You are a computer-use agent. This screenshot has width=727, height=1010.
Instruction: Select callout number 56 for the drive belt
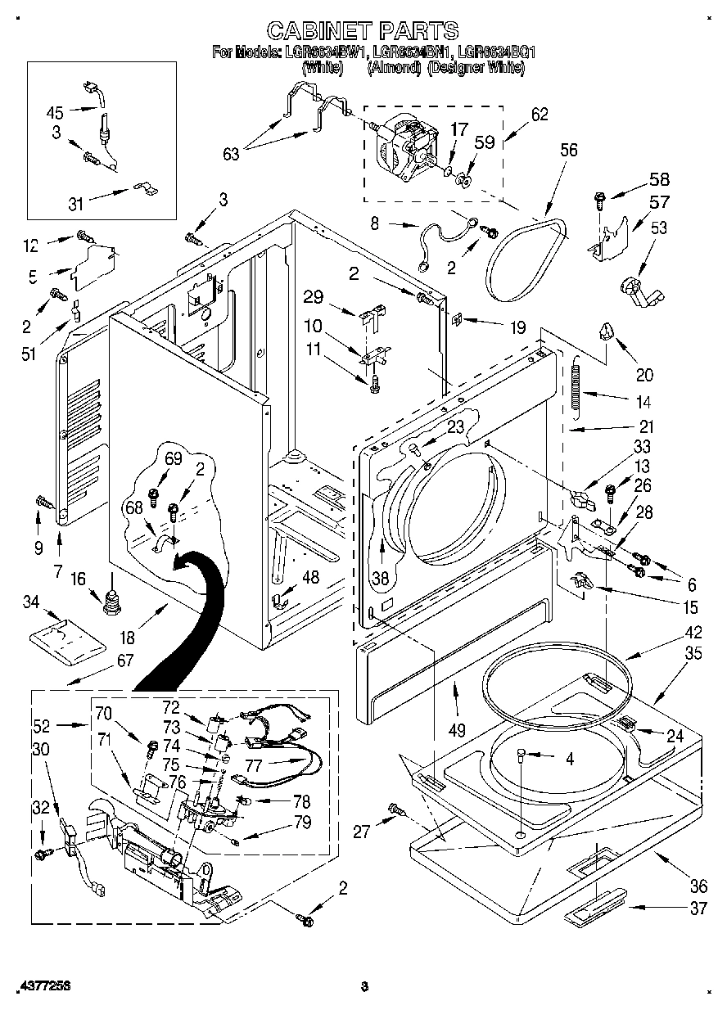(x=568, y=150)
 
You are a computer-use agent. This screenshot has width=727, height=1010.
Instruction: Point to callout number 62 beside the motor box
(x=540, y=115)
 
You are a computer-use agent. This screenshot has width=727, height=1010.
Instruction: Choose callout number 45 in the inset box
(x=54, y=113)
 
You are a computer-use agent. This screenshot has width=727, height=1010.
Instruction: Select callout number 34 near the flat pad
(x=30, y=603)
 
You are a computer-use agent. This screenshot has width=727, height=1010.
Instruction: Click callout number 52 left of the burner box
(x=43, y=724)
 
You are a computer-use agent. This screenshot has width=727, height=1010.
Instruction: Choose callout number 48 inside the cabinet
(x=310, y=578)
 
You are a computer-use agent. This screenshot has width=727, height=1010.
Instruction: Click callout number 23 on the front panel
(x=455, y=426)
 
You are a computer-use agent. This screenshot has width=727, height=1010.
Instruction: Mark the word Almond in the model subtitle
(x=394, y=69)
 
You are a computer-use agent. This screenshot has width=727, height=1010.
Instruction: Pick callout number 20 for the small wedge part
(x=644, y=375)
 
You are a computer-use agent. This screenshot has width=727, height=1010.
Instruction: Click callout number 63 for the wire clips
(x=231, y=152)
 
